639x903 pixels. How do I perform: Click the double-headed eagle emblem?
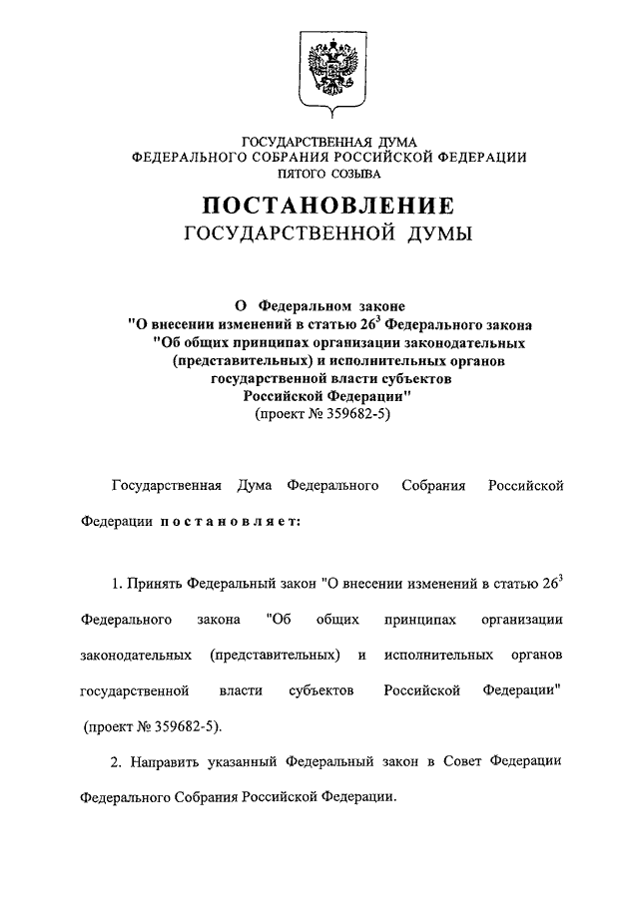coord(329,69)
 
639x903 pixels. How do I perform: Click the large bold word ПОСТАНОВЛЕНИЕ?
coord(329,207)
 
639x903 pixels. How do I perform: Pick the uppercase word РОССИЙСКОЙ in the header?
coord(385,157)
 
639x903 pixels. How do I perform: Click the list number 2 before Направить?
coord(115,762)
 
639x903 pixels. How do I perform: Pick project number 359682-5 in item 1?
coord(181,726)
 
